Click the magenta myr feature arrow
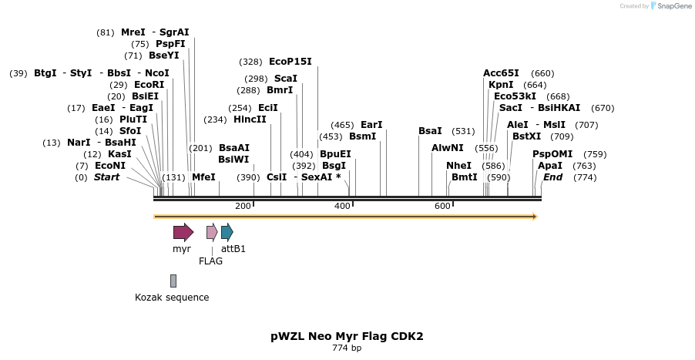[x=183, y=232]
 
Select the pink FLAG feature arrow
[x=212, y=232]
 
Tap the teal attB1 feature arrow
[x=227, y=232]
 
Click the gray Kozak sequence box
[x=173, y=281]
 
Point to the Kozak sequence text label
[x=172, y=298]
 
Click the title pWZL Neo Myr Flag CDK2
[x=347, y=336]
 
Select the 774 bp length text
[x=347, y=348]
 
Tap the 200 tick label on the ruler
[x=243, y=207]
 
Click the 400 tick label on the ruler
[x=342, y=207]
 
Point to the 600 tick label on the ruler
[x=442, y=207]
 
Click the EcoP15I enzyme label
[x=290, y=62]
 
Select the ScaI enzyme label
[x=286, y=79]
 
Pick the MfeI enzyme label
[x=203, y=177]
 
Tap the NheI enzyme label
[x=458, y=166]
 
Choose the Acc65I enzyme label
[x=501, y=73]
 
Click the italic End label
[x=552, y=177]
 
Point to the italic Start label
[x=107, y=177]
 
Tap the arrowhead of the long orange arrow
[x=534, y=217]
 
